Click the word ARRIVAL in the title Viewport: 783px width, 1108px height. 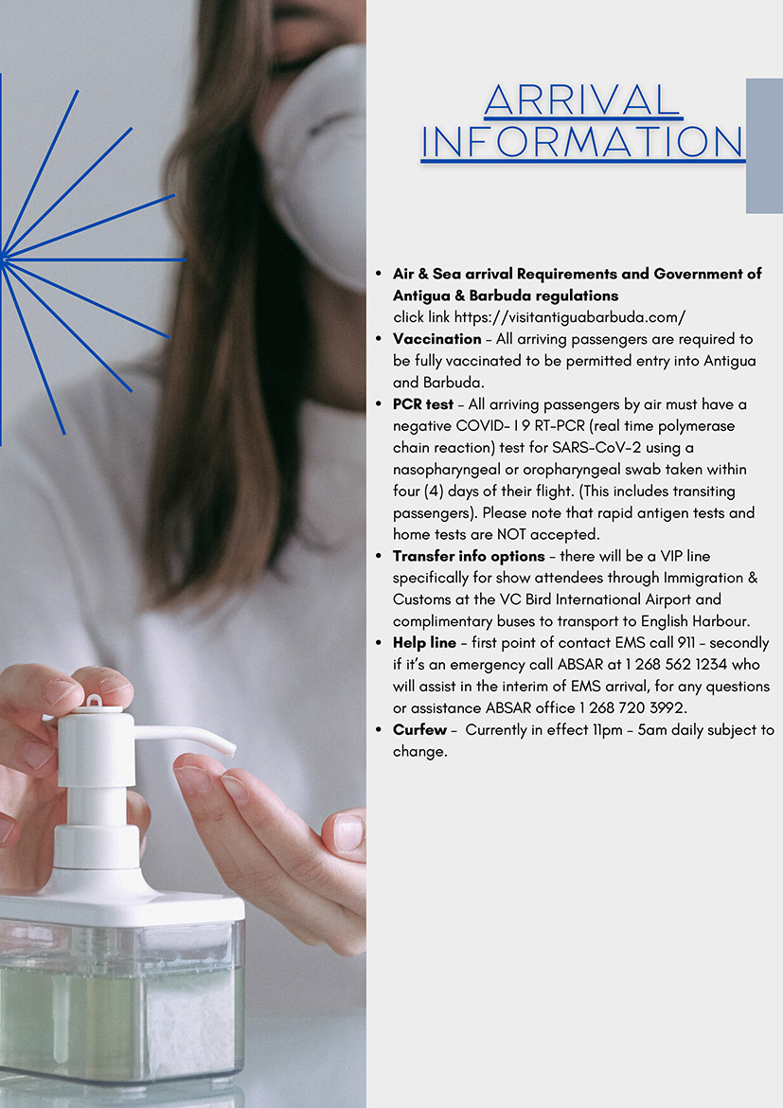582,99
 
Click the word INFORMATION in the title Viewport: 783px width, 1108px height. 582,142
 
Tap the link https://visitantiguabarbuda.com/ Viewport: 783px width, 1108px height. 570,317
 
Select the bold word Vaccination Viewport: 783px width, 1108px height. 436,338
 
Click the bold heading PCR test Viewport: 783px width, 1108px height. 422,404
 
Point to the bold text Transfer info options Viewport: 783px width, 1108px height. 469,556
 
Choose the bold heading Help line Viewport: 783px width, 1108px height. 424,642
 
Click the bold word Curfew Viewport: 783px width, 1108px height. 419,729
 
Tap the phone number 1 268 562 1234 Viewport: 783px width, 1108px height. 676,664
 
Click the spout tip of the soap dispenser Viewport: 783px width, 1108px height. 230,750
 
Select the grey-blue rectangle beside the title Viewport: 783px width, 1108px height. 765,146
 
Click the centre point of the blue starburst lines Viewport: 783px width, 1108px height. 4,259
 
